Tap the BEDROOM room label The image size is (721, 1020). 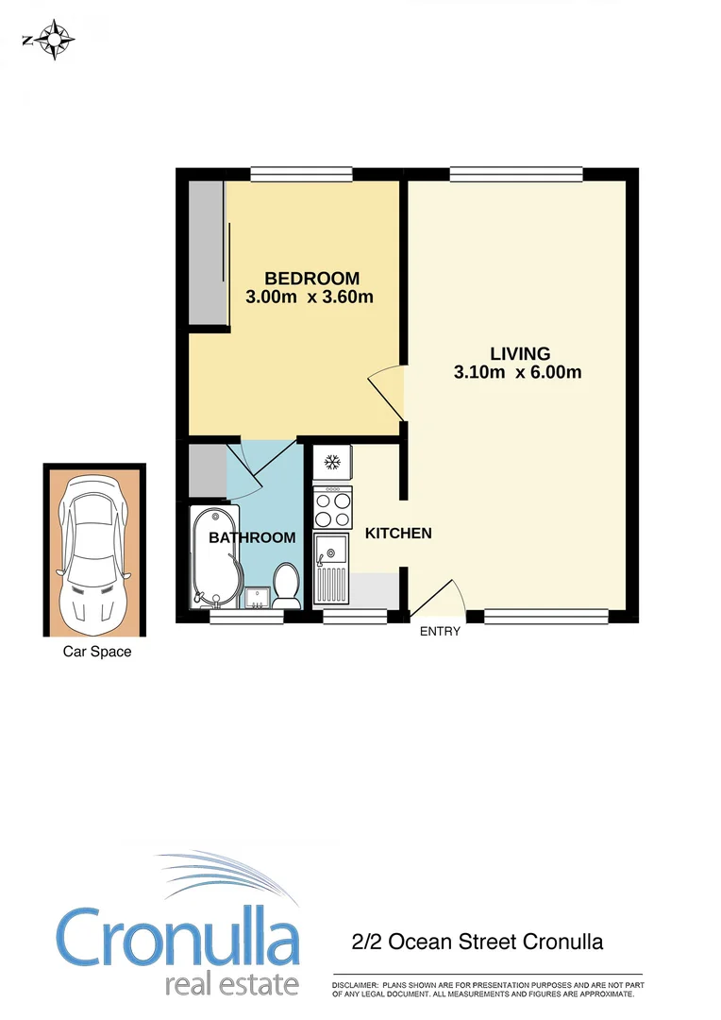click(x=311, y=279)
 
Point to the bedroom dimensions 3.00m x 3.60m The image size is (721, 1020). click(x=310, y=297)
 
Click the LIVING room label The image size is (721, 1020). click(x=519, y=354)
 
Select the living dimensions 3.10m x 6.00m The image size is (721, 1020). click(x=517, y=372)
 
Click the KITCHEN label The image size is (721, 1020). click(x=398, y=534)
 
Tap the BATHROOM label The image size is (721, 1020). click(x=252, y=537)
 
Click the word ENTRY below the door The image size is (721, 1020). click(x=440, y=631)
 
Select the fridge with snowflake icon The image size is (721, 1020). click(x=332, y=463)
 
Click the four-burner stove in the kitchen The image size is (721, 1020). click(x=332, y=509)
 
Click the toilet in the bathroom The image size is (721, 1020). click(x=286, y=586)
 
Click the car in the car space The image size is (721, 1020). click(x=94, y=550)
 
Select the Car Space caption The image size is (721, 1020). click(x=97, y=652)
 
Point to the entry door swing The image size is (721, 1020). click(x=438, y=599)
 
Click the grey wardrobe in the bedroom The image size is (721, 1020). click(x=206, y=252)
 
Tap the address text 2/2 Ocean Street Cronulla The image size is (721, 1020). click(x=477, y=942)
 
